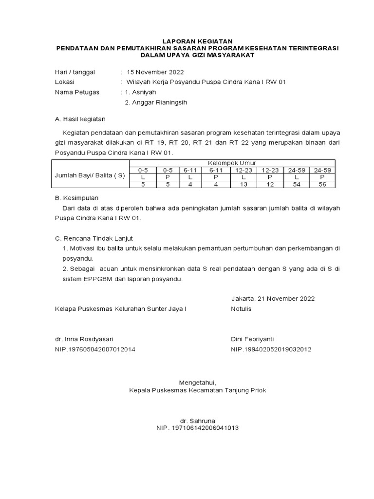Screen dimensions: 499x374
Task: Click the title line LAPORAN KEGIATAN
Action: click(197, 41)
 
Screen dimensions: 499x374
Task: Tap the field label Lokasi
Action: click(65, 82)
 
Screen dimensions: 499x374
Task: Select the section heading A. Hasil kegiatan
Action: click(80, 119)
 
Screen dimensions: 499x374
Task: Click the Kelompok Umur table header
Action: click(232, 163)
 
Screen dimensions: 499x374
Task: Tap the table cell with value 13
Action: click(244, 184)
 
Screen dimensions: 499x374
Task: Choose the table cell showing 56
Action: click(322, 184)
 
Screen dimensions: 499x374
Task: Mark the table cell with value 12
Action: click(270, 184)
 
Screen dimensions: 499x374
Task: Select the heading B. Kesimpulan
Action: click(76, 198)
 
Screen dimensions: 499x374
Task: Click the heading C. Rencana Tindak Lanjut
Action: click(93, 238)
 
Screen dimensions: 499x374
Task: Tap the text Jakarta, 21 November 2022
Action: click(273, 299)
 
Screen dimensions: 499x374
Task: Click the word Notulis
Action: click(241, 309)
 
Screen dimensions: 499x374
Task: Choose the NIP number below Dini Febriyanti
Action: click(271, 349)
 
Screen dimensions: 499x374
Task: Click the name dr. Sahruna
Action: click(197, 421)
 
